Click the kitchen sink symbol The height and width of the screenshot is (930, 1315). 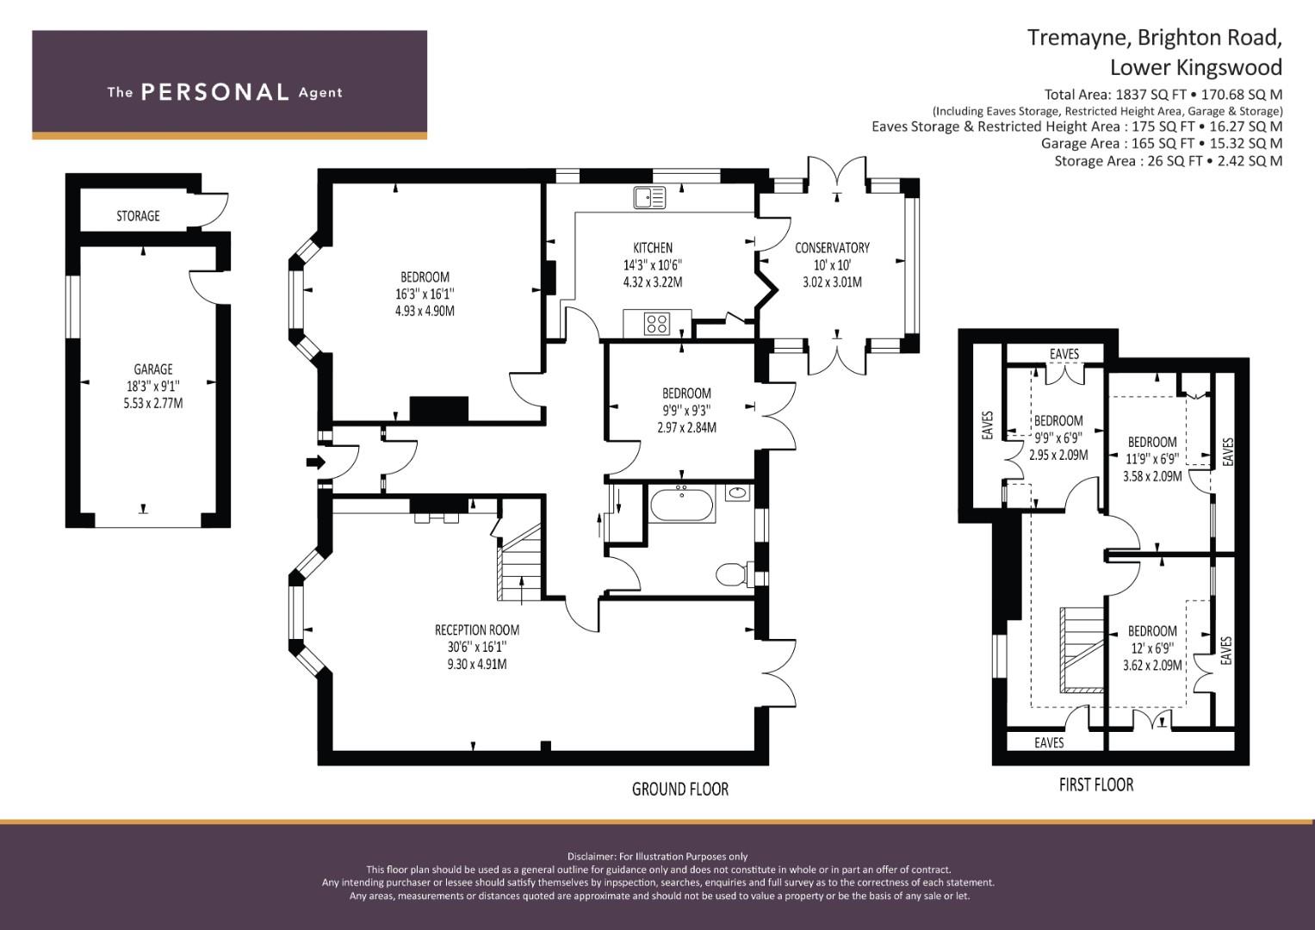pyautogui.click(x=649, y=197)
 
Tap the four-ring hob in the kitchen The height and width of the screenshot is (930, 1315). pyautogui.click(x=657, y=324)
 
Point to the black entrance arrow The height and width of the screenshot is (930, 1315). pyautogui.click(x=316, y=462)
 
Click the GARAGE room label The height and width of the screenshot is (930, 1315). pyautogui.click(x=153, y=369)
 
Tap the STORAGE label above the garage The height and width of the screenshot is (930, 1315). pyautogui.click(x=138, y=216)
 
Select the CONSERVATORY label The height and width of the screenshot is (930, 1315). pyautogui.click(x=832, y=248)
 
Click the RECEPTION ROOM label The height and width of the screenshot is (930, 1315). pyautogui.click(x=477, y=630)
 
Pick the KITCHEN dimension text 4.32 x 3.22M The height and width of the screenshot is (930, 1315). pyautogui.click(x=653, y=282)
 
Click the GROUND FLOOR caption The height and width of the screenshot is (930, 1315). pyautogui.click(x=679, y=789)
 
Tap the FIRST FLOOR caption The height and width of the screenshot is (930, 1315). pyautogui.click(x=1096, y=785)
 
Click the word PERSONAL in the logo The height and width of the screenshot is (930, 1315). pyautogui.click(x=215, y=92)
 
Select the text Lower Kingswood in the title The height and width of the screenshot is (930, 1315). pyautogui.click(x=1196, y=67)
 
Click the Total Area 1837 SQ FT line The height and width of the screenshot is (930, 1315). pyautogui.click(x=1163, y=95)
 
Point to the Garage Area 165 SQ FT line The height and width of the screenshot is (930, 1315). pyautogui.click(x=1162, y=143)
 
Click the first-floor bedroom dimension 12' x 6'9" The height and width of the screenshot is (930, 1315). pyautogui.click(x=1151, y=648)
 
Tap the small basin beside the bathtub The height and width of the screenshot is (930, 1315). pyautogui.click(x=737, y=493)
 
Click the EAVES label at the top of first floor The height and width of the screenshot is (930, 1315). pyautogui.click(x=1064, y=354)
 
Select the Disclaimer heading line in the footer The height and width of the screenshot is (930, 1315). pyautogui.click(x=657, y=857)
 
